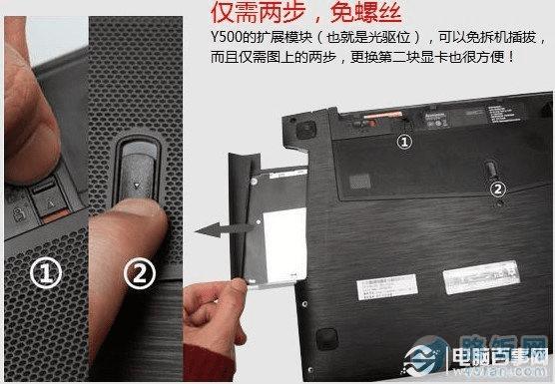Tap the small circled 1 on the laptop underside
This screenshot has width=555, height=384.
tap(404, 143)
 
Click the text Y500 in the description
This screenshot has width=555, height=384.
tap(227, 39)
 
